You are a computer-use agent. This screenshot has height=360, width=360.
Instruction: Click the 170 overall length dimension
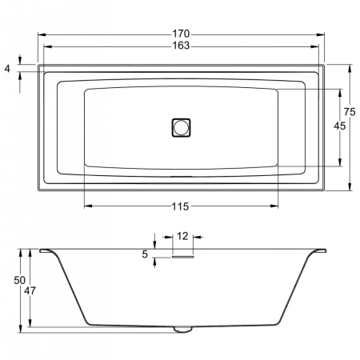[x=181, y=34]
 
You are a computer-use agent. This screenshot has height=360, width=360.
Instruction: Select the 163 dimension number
[x=181, y=46]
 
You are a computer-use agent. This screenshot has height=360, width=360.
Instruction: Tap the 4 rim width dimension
[x=8, y=69]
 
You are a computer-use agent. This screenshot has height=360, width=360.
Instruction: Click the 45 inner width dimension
[x=339, y=126]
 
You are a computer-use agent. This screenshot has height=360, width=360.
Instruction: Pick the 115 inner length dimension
[x=180, y=207]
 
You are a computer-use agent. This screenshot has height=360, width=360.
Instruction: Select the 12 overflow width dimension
[x=182, y=236]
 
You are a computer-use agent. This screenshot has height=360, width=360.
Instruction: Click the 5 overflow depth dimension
[x=145, y=254]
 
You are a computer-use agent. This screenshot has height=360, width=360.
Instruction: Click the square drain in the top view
[x=182, y=126]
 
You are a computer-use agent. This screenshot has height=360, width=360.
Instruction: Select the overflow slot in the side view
[x=182, y=257]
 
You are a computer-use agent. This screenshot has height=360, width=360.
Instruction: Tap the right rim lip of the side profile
[x=318, y=251]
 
